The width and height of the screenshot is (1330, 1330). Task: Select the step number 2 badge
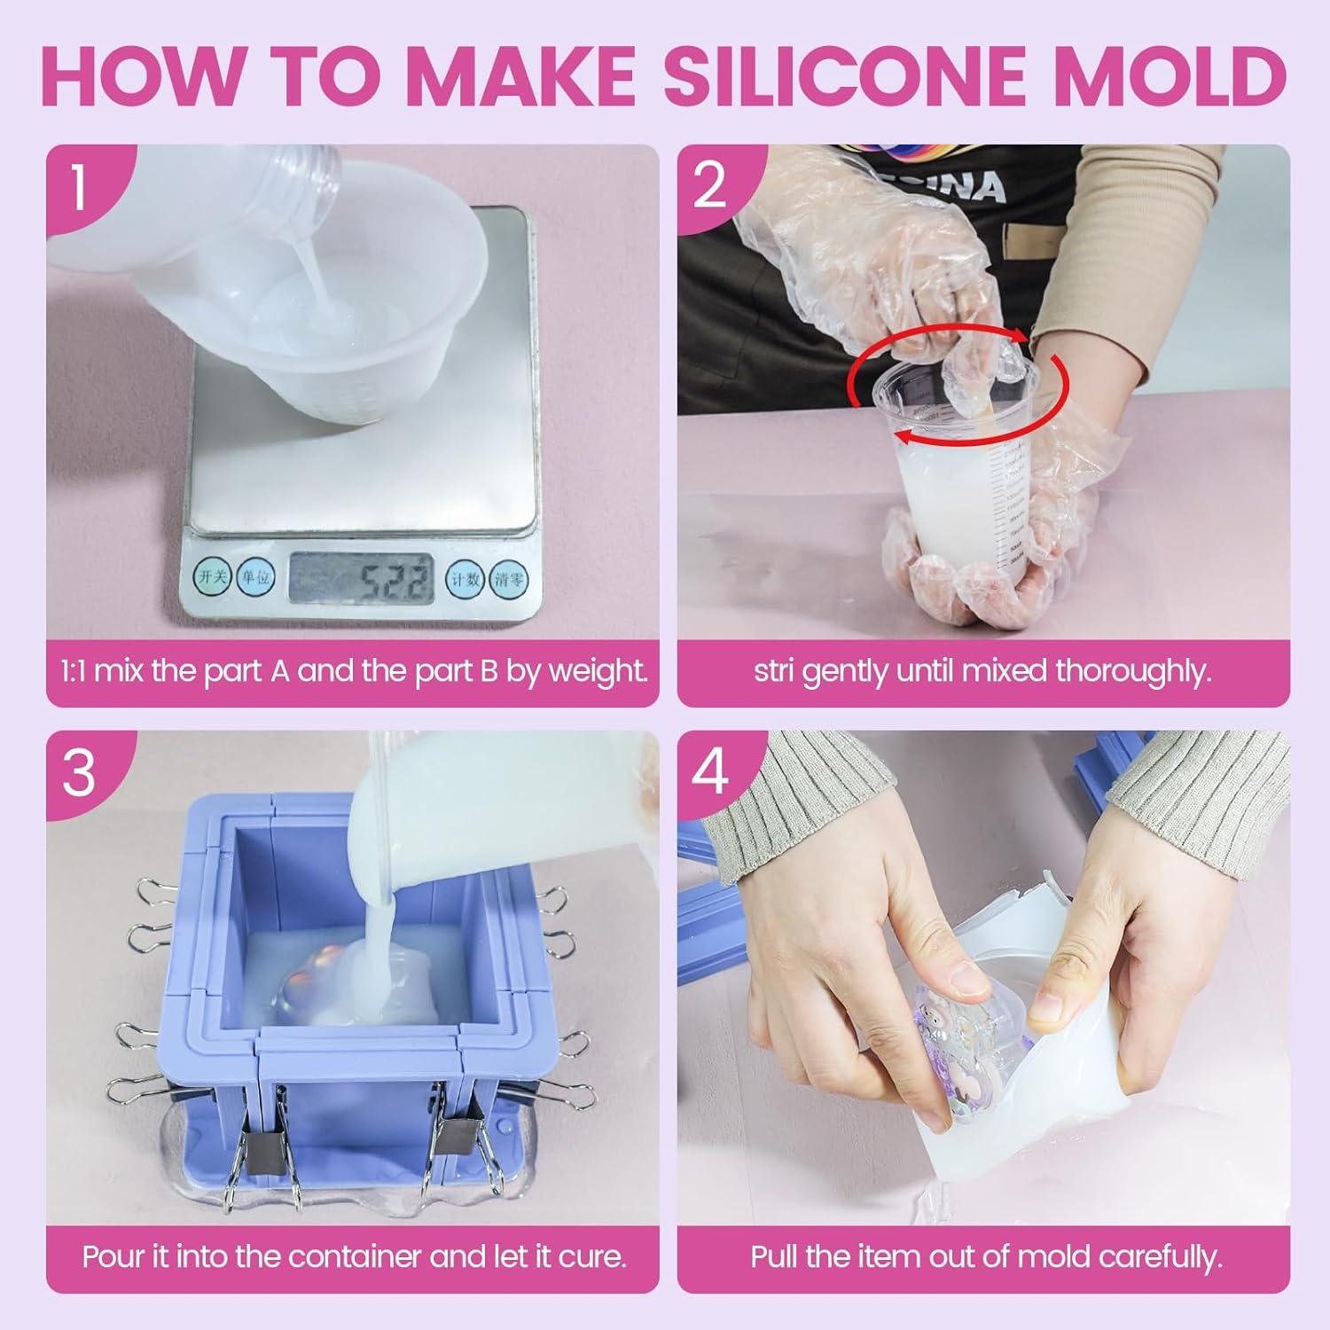[x=709, y=186]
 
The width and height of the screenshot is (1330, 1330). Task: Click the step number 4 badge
[x=709, y=771]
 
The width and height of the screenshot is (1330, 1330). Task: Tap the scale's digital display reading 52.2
[x=361, y=580]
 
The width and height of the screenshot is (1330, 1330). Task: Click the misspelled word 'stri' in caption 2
[x=775, y=671]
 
